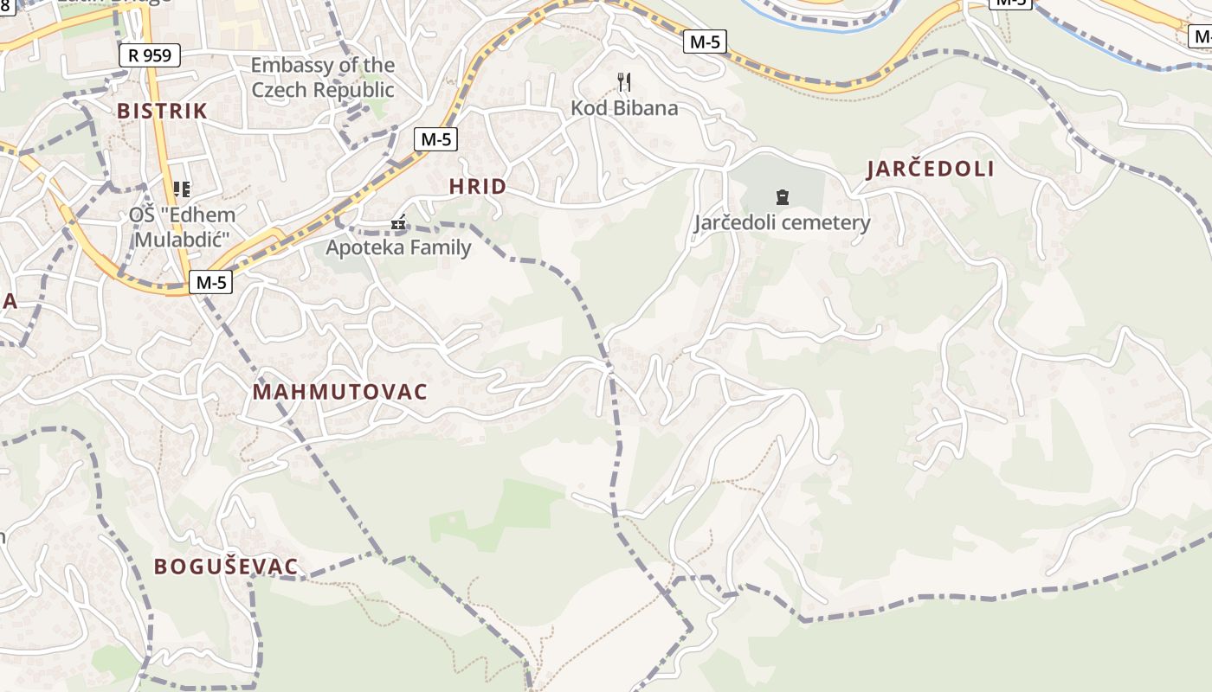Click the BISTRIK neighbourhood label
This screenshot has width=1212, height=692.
pos(162,111)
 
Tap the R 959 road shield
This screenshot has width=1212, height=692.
pos(149,55)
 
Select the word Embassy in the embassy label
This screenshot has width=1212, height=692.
pos(290,65)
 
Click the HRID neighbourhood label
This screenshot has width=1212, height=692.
pos(478,187)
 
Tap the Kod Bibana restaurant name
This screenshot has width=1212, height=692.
pos(624,108)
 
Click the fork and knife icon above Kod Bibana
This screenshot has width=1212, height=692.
pos(624,82)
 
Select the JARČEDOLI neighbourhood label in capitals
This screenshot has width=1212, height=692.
pos(931,170)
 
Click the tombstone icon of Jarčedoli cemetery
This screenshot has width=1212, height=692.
pos(783,196)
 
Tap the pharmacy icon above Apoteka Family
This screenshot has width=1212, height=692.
pos(398,223)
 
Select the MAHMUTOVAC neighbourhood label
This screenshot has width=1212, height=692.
pos(340,392)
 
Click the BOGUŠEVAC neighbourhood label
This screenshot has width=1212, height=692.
pos(226,567)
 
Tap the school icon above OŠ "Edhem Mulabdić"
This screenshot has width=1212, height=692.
pos(182,189)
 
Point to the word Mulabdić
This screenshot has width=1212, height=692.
pos(182,240)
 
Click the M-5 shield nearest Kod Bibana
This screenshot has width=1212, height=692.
pos(705,41)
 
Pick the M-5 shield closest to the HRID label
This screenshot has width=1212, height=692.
pos(435,138)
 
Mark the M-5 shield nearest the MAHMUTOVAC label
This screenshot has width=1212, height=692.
pos(211,282)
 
